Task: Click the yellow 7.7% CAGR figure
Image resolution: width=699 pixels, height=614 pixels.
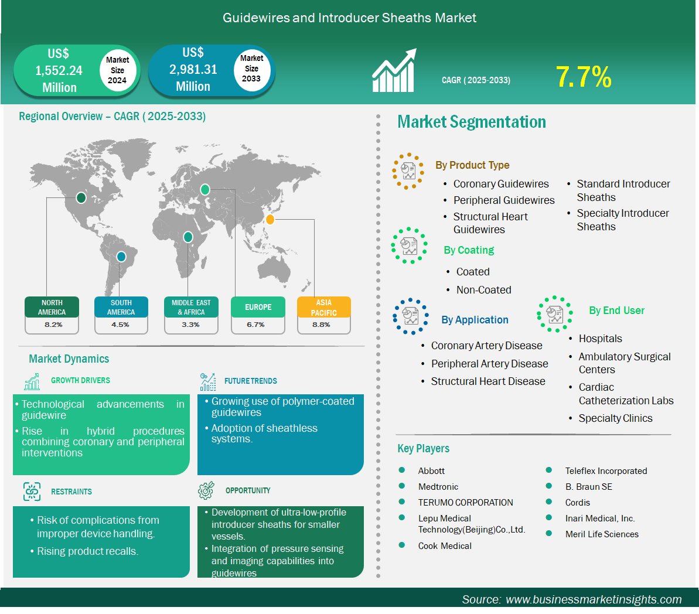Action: point(584,77)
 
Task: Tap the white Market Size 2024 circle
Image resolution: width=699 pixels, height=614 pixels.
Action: point(117,70)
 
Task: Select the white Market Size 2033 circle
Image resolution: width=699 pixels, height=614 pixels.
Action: point(252,69)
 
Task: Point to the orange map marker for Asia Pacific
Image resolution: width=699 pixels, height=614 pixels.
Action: point(270,219)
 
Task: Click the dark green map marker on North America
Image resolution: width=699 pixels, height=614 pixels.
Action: point(81,197)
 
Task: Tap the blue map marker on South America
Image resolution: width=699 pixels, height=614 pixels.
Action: point(121,257)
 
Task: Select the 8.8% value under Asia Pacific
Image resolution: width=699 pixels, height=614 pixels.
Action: point(321,325)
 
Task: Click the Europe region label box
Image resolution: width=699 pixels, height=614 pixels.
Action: point(258,307)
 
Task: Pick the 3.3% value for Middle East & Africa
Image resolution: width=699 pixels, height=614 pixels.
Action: point(190,325)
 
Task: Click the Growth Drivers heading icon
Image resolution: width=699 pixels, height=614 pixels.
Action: point(32,381)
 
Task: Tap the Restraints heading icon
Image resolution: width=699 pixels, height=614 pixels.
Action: point(32,492)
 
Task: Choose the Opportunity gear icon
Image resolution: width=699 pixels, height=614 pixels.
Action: point(206,490)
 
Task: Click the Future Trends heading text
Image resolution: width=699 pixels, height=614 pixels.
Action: point(251,381)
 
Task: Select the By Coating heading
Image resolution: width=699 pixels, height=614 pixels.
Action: point(469,250)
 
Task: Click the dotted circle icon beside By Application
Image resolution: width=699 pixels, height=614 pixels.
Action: point(411,316)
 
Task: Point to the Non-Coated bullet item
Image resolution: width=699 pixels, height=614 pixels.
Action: point(484,290)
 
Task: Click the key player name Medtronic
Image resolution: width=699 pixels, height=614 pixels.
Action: point(438,486)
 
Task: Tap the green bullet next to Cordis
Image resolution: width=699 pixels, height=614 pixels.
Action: point(549,502)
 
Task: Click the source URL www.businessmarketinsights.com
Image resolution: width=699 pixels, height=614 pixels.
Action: point(594,599)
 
